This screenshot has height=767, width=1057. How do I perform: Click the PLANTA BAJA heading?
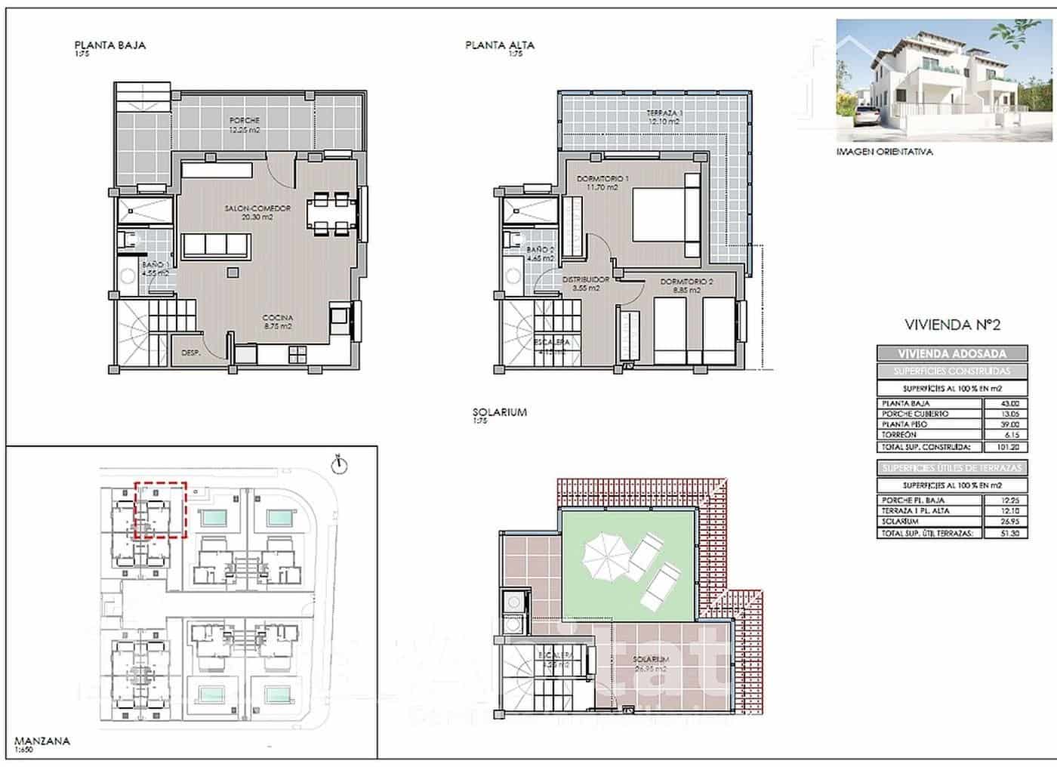109,45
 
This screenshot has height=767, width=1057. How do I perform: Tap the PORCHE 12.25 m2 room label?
245,125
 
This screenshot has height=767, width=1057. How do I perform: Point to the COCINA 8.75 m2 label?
277,322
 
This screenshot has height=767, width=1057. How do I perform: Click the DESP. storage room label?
191,353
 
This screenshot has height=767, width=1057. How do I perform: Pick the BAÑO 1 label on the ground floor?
156,269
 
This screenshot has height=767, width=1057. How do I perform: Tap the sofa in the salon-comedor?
216,246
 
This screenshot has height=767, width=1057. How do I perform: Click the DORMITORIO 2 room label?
686,285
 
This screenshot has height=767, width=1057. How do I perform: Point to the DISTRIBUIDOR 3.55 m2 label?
585,283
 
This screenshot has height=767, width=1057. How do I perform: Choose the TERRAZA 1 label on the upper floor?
664,117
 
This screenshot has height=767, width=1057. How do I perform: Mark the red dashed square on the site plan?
160,510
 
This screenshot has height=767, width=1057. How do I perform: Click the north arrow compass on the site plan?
340,464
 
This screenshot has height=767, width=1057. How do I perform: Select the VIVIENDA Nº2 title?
952,325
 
